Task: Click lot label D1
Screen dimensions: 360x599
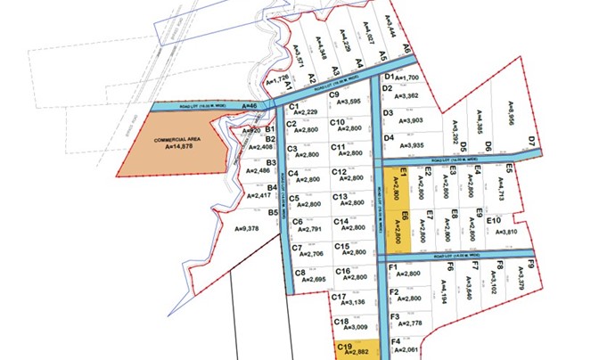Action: [x=389, y=78]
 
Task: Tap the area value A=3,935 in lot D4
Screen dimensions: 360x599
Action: [x=403, y=146]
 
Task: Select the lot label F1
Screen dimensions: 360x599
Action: [x=393, y=266]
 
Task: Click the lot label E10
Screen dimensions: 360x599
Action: [x=495, y=220]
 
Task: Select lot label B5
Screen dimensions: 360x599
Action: [x=273, y=213]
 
